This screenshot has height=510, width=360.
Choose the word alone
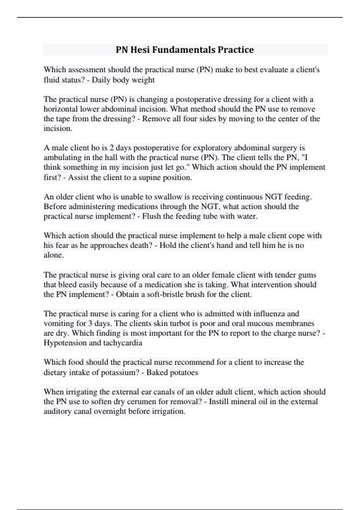tap(54, 255)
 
